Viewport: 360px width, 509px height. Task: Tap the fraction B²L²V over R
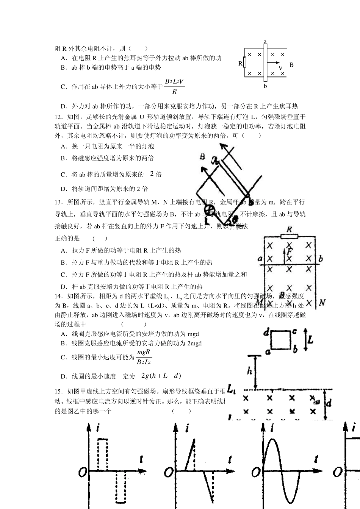[x=174, y=86]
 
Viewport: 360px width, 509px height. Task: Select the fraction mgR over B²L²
[x=144, y=357]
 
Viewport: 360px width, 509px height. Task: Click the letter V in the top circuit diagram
[x=280, y=68]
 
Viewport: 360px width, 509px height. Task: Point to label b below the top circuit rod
[x=265, y=86]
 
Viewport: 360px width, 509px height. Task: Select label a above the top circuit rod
[x=265, y=41]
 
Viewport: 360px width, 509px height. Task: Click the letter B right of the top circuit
[x=291, y=65]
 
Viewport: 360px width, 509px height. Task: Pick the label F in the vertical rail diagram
[x=290, y=251]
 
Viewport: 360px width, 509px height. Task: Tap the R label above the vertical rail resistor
[x=289, y=230]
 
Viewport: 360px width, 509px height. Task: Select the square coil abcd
[x=281, y=340]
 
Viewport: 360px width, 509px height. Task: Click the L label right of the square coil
[x=310, y=340]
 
